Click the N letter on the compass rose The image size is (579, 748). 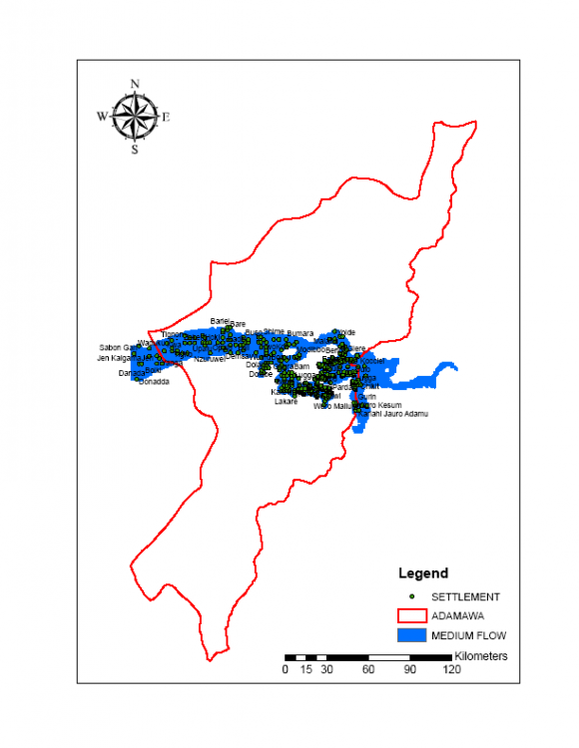135,83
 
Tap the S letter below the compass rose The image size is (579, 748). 135,151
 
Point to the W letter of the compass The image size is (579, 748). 102,117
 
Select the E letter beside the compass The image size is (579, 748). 167,117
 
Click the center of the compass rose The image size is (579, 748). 135,117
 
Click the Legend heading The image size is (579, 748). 423,573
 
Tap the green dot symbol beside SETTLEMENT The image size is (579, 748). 412,595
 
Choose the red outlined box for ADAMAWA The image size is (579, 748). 411,615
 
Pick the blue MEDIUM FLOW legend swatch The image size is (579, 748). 411,635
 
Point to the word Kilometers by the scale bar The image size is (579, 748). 481,656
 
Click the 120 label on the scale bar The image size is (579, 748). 451,670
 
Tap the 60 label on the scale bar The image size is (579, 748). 368,670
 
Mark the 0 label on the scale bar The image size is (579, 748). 286,670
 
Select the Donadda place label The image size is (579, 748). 154,382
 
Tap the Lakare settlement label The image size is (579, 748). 286,401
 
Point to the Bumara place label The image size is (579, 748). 300,333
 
